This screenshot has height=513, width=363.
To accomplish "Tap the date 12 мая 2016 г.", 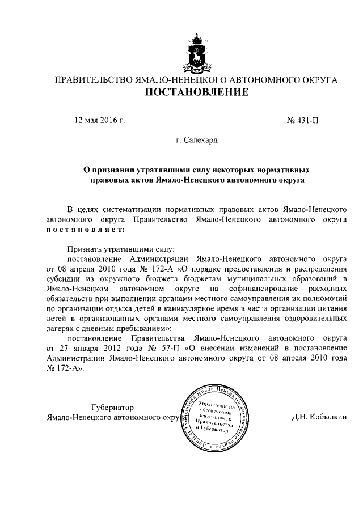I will (100, 120).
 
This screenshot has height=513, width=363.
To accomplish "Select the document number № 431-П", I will (307, 120).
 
